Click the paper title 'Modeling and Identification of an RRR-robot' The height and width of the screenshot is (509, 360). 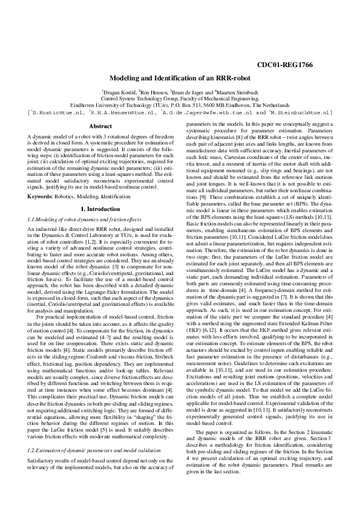179,79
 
